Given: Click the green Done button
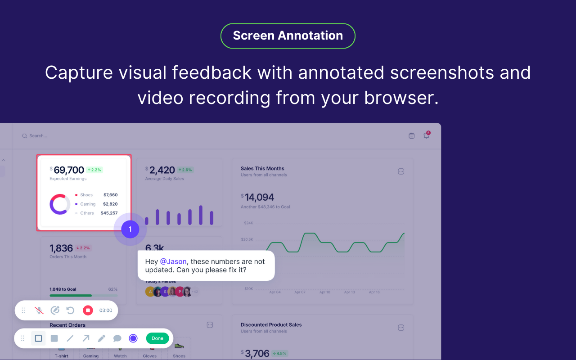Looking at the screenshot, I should point(157,338).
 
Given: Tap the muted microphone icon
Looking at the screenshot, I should point(39,310).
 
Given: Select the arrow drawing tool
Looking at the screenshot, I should point(85,338).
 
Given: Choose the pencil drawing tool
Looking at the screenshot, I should point(102,338).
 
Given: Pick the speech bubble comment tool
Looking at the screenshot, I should point(117,338).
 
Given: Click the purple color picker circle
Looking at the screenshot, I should point(133,338).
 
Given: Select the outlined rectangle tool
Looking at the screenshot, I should point(38,338).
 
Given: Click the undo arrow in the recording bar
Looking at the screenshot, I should point(70,310).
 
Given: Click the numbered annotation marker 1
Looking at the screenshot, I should point(130,229).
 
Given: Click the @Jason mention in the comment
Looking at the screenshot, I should point(173,261).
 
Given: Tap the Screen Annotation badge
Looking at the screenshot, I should point(288,36).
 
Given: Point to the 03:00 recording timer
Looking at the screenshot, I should point(106,310).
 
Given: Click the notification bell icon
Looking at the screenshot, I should point(426,135).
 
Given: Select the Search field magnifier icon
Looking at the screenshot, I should point(24,136).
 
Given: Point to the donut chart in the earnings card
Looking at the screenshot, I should point(59,204).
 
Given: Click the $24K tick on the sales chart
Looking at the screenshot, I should point(248,223).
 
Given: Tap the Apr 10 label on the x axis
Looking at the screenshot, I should point(324,292).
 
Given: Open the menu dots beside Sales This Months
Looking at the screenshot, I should point(401,171).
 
